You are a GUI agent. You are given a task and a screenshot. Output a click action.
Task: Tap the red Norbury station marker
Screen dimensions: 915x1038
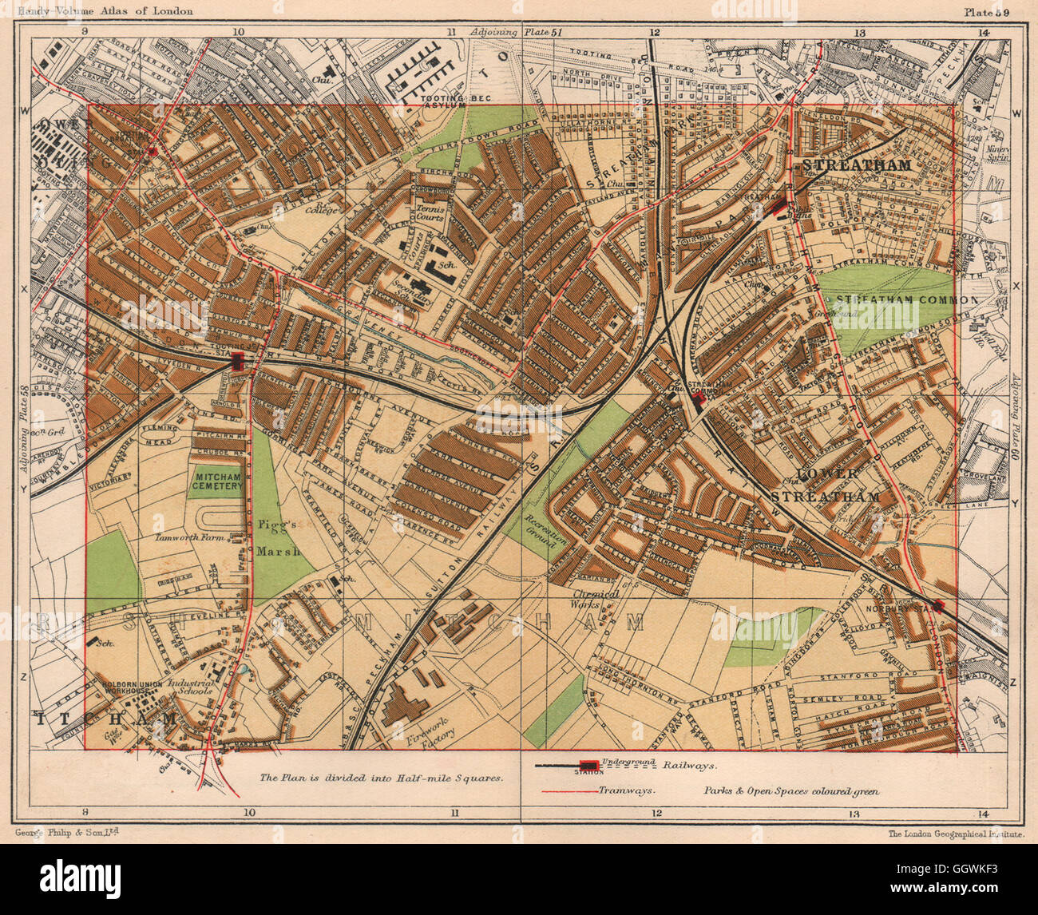[x=937, y=605]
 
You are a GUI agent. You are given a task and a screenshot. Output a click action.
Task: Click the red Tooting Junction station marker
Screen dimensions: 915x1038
[x=237, y=361]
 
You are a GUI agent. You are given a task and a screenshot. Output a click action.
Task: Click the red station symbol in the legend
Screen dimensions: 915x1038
[x=589, y=765]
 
